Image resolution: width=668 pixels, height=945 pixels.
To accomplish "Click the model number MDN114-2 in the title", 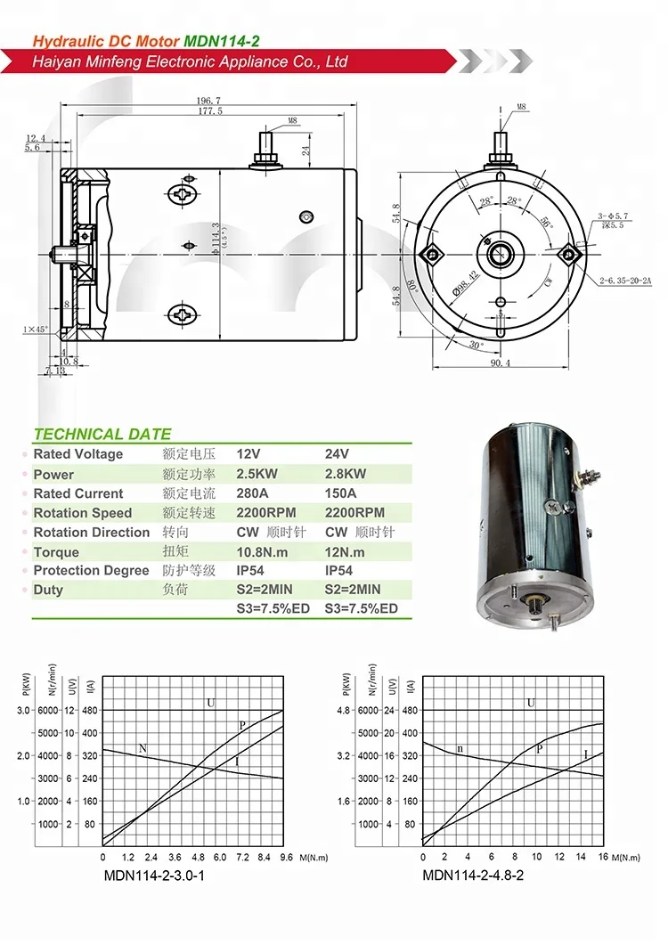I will coord(222,41).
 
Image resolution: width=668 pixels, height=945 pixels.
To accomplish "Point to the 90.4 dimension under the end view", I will coord(501,363).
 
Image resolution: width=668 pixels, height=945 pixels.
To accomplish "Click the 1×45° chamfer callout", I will coord(36,330).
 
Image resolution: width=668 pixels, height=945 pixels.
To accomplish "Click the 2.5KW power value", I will coord(258,475).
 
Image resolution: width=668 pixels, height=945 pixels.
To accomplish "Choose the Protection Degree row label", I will coord(91,571).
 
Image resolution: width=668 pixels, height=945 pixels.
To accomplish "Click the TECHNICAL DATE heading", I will coord(102,435).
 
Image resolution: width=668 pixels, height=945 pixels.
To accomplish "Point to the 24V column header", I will coord(338,454).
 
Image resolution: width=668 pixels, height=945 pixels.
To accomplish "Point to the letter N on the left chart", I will coord(143,748).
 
